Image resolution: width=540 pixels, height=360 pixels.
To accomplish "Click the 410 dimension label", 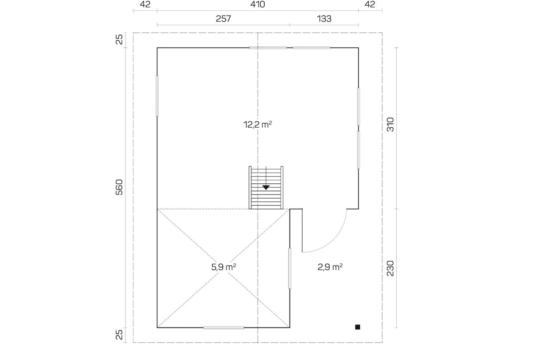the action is pyautogui.click(x=258, y=4).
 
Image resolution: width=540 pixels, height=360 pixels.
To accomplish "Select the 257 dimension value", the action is pyautogui.click(x=223, y=19).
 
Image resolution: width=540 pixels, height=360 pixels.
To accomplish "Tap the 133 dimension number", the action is pyautogui.click(x=324, y=19).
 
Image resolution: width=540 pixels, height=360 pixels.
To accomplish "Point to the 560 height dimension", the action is pyautogui.click(x=119, y=187).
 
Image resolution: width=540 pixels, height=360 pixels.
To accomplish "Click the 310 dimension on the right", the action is pyautogui.click(x=390, y=125).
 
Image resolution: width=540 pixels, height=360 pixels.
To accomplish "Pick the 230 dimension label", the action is pyautogui.click(x=390, y=268).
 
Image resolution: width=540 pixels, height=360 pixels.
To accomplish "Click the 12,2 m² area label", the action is pyautogui.click(x=258, y=125).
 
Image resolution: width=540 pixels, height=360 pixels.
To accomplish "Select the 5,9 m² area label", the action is pyautogui.click(x=223, y=267).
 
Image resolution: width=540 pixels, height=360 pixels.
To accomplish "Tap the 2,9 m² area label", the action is pyautogui.click(x=330, y=267).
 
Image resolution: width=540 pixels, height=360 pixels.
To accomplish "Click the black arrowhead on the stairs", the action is pyautogui.click(x=266, y=187).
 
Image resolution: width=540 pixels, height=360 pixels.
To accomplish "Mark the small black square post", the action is pyautogui.click(x=358, y=327).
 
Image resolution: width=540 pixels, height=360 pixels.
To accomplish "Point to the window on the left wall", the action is pyautogui.click(x=157, y=96).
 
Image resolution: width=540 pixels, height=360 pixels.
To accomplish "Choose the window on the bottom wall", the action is pyautogui.click(x=223, y=328).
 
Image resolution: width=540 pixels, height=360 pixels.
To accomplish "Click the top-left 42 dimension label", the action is pyautogui.click(x=145, y=4).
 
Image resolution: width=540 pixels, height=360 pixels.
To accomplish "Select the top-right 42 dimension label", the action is pyautogui.click(x=370, y=4).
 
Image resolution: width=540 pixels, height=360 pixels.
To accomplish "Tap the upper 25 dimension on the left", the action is pyautogui.click(x=119, y=40).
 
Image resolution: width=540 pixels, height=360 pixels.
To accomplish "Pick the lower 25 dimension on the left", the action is pyautogui.click(x=119, y=335).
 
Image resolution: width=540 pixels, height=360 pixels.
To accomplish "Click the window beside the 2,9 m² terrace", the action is pyautogui.click(x=290, y=268).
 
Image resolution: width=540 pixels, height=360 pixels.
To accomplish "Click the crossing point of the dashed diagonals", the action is pyautogui.click(x=223, y=268).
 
